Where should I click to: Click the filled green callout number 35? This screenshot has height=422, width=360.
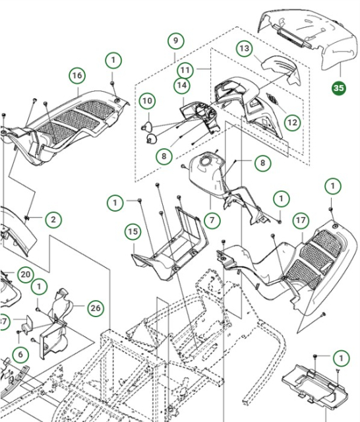(338, 88)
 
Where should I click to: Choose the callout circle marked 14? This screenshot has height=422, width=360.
(182, 86)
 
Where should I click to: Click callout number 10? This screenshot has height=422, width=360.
(146, 101)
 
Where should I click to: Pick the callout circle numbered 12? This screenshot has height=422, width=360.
(291, 122)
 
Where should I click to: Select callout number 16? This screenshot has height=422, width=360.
(77, 76)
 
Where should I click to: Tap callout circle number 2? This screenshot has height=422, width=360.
(53, 218)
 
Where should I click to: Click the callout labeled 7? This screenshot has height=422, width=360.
(212, 220)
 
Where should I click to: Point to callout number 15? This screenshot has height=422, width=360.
(133, 231)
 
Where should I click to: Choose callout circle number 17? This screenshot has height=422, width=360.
(301, 220)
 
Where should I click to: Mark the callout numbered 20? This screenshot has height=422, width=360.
(24, 274)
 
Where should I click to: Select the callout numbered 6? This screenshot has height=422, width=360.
(20, 355)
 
